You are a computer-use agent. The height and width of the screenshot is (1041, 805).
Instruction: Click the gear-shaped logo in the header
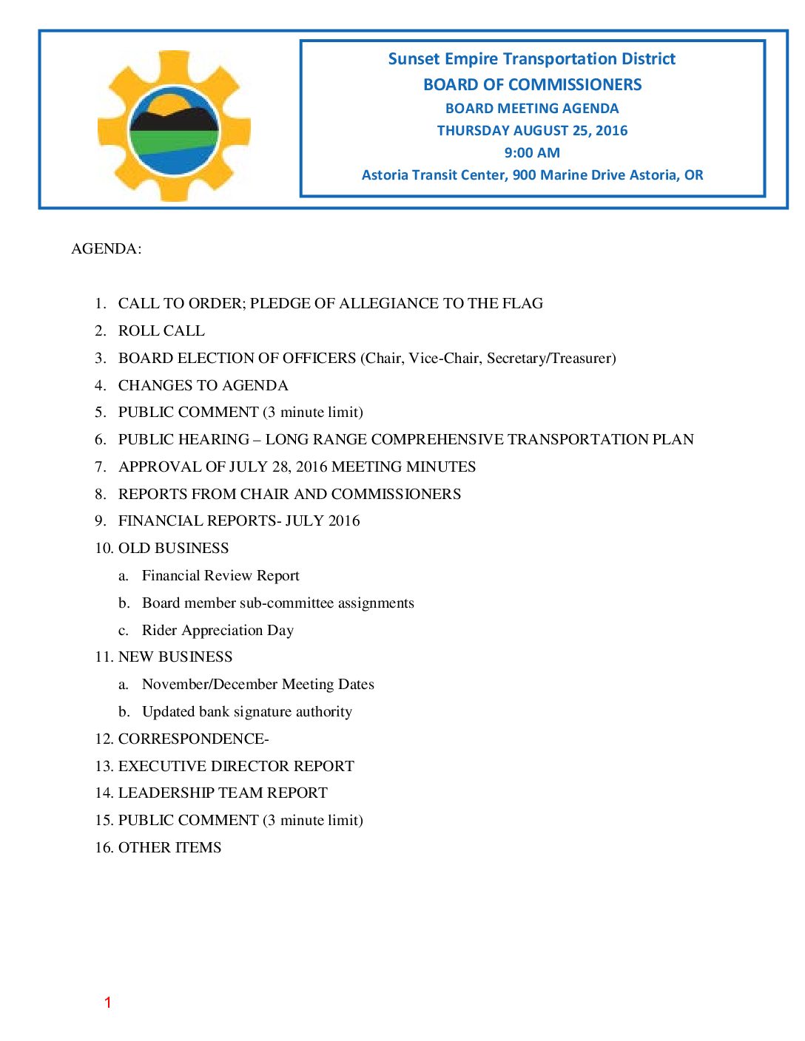click(x=174, y=126)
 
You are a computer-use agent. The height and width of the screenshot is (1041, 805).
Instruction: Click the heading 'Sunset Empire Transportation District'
click(x=531, y=59)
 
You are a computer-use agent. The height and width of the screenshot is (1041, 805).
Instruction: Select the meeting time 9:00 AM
click(x=532, y=153)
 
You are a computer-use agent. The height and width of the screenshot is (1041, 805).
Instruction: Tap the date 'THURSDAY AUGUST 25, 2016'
click(x=532, y=131)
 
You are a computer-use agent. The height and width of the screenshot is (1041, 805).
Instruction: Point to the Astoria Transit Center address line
click(x=532, y=175)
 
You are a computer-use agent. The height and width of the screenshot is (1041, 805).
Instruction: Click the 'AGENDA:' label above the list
click(x=106, y=248)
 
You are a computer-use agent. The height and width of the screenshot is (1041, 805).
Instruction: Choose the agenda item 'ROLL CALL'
click(x=161, y=330)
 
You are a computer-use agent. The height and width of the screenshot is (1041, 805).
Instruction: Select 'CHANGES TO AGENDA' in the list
click(x=203, y=385)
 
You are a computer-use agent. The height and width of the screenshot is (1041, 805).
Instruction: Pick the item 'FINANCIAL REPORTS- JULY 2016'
click(x=239, y=520)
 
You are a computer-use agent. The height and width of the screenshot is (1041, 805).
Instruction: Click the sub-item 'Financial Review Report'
click(x=220, y=575)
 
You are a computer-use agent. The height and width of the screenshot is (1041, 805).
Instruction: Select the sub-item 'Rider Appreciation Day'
click(x=218, y=630)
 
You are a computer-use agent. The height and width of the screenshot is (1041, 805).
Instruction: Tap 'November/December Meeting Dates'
click(x=257, y=684)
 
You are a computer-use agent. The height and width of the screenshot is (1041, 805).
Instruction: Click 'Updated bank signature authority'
click(x=246, y=711)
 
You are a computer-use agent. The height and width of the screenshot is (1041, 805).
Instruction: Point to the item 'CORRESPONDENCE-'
click(x=193, y=739)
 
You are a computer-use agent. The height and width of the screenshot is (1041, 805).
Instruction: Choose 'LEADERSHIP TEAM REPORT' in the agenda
click(x=223, y=793)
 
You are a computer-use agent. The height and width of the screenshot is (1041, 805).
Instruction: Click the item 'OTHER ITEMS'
click(x=169, y=847)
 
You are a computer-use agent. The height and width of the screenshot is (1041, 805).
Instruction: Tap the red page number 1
click(x=107, y=1003)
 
